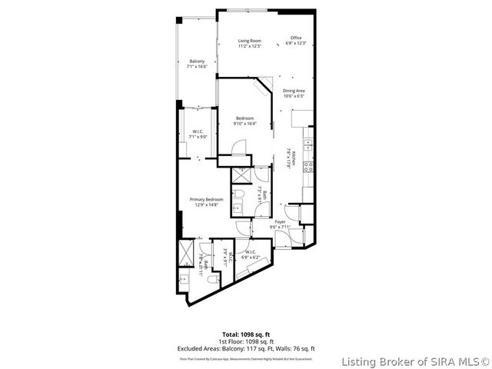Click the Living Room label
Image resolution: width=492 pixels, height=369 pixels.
click(x=249, y=41)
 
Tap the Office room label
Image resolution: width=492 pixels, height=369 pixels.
click(x=296, y=38)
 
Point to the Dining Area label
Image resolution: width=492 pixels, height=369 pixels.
click(x=294, y=91)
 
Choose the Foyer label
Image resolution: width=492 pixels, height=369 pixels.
click(x=281, y=221)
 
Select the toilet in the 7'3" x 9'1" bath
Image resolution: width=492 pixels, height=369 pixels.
click(x=239, y=193)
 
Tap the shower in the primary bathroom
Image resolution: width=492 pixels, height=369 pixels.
click(x=184, y=252)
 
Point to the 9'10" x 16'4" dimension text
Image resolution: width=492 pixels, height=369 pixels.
click(x=244, y=123)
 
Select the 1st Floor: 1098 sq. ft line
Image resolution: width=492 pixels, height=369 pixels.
click(x=247, y=342)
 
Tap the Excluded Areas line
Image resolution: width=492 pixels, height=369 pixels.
click(x=247, y=348)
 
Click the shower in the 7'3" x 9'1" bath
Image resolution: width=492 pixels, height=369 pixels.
click(x=239, y=175)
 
